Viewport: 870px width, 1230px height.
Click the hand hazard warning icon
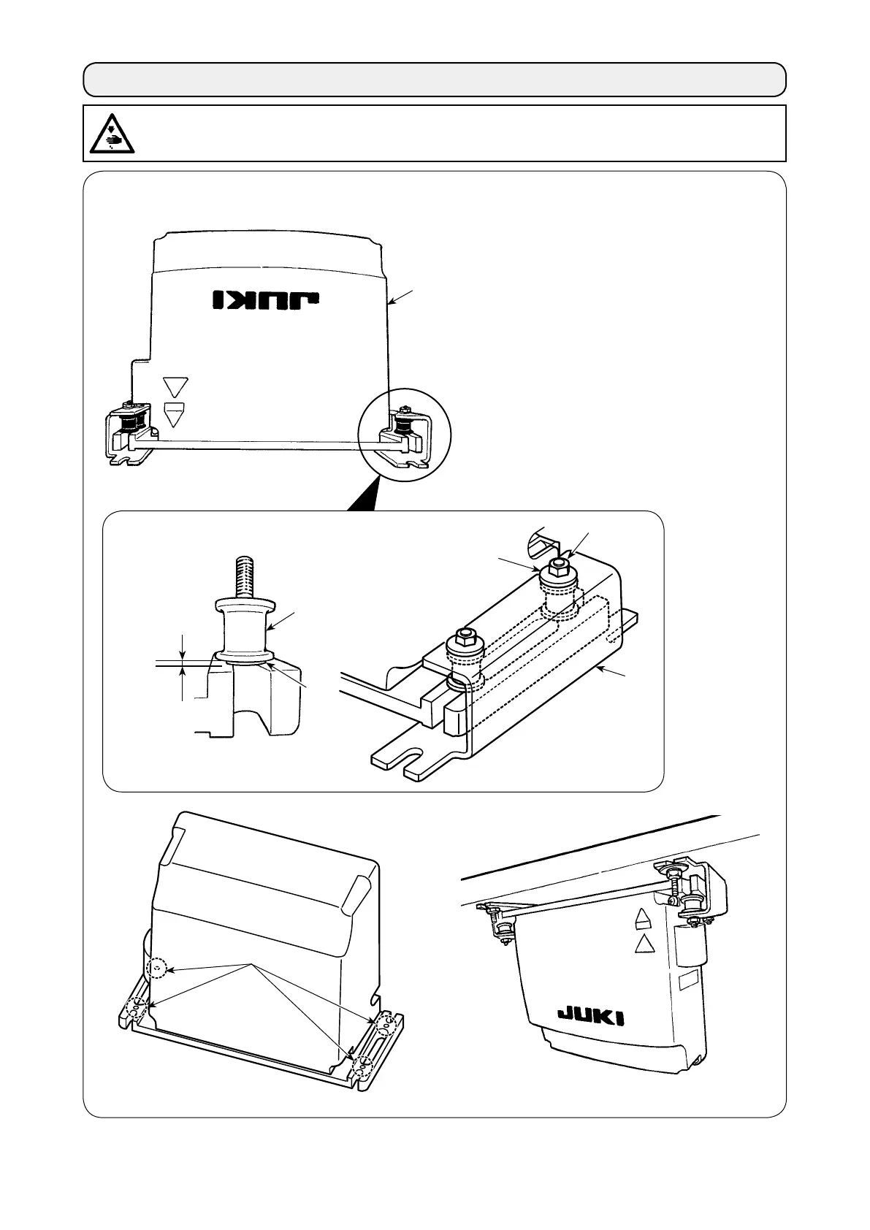click(x=110, y=133)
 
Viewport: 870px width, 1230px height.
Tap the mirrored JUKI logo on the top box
click(x=267, y=299)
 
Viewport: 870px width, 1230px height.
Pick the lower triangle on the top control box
click(x=176, y=414)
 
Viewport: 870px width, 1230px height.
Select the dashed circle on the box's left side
click(x=156, y=969)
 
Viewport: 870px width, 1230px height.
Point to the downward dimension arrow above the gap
click(x=183, y=649)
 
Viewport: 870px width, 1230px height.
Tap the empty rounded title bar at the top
click(x=435, y=79)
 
